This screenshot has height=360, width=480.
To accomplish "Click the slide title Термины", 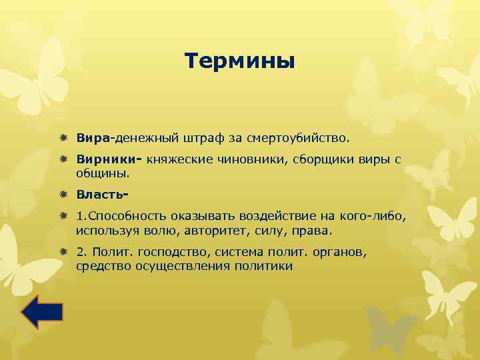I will coord(239,61).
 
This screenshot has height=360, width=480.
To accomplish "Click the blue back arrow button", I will coord(41,313).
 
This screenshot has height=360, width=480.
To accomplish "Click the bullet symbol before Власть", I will coord(63,195).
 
